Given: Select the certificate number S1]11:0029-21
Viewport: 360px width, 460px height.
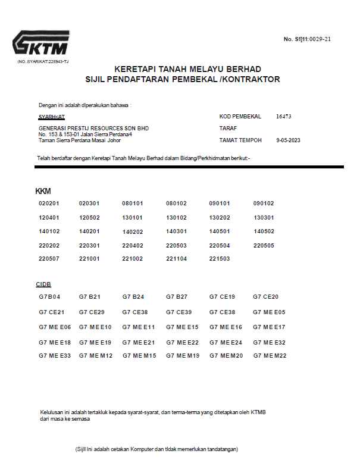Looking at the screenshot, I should tap(307, 39).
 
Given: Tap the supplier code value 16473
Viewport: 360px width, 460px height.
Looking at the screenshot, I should tap(284, 117).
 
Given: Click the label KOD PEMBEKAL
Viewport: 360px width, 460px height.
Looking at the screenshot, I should tap(240, 117).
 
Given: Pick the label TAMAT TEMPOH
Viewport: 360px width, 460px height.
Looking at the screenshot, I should tap(240, 140).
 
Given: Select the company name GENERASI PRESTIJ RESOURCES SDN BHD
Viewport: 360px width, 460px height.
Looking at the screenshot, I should tap(93, 128).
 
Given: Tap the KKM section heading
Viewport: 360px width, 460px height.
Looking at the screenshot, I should tap(43, 191).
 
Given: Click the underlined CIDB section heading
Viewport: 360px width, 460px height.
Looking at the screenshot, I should tap(43, 284).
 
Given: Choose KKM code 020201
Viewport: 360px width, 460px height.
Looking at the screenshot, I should tap(49, 204).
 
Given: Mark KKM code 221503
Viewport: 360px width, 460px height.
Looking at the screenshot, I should tap(220, 259).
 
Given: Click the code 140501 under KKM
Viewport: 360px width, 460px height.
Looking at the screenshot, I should tap(220, 231).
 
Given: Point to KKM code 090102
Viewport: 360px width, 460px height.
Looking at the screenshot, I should tap(264, 204).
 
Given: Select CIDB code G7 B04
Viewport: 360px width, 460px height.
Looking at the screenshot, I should tap(49, 296).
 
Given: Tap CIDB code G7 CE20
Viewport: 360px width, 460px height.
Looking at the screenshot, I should tap(265, 296).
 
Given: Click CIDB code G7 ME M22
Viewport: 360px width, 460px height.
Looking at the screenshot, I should tap(270, 355).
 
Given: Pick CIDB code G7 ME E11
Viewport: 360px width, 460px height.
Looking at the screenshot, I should tap(138, 327).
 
